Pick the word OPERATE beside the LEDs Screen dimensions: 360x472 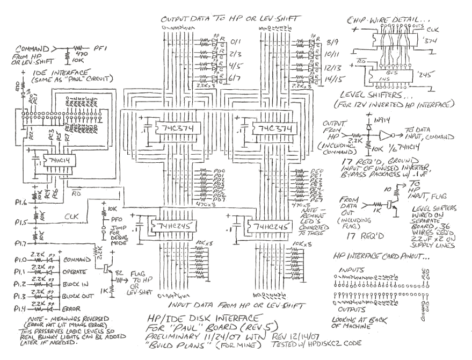[x=75, y=272]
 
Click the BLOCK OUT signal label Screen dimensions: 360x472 [x=78, y=297]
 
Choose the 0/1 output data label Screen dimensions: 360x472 [x=236, y=40]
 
